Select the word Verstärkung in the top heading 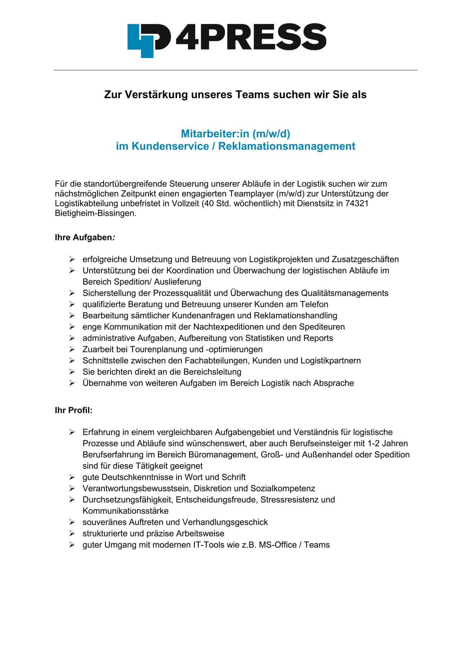pyautogui.click(x=157, y=95)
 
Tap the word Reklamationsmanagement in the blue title pyautogui.click(x=286, y=146)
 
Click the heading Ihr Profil pyautogui.click(x=73, y=410)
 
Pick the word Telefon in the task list pyautogui.click(x=314, y=304)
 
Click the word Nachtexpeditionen pyautogui.click(x=230, y=327)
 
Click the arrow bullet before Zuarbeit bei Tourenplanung pyautogui.click(x=72, y=349)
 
